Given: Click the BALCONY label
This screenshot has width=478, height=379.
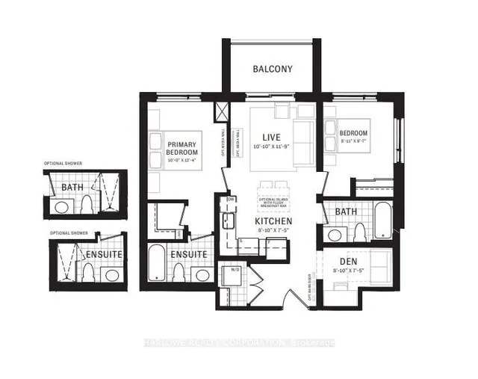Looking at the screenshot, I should (272, 70).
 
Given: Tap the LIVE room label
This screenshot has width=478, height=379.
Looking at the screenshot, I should (270, 138).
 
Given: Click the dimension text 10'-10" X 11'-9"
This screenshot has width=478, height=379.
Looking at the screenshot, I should (270, 149).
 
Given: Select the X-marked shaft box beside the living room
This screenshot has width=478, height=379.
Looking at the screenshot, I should (222, 112).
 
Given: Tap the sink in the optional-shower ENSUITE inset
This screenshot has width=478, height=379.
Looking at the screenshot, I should (112, 275).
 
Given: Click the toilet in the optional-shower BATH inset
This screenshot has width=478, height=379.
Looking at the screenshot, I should (87, 204).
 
